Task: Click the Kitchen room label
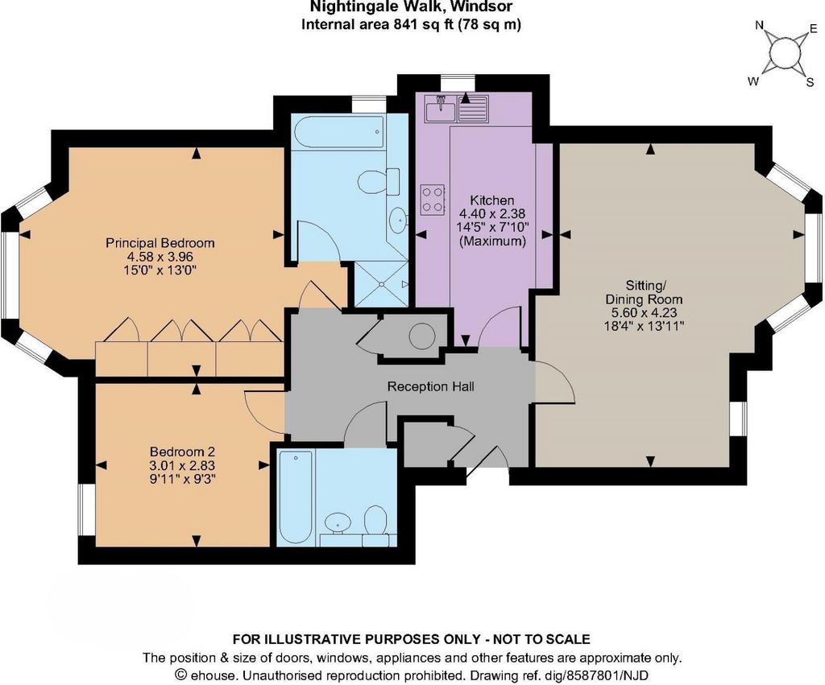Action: point(491,200)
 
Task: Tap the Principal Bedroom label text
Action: point(160,243)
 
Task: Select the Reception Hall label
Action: point(430,387)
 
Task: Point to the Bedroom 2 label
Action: point(182,452)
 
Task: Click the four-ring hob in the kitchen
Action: point(433,200)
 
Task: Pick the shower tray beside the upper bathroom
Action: point(381,284)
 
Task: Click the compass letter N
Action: point(760,25)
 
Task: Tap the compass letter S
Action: point(810,82)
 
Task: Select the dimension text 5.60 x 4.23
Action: point(644,312)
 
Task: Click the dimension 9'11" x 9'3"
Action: point(182,479)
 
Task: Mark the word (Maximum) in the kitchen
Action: point(492,241)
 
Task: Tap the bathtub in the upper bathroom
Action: point(338,133)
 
